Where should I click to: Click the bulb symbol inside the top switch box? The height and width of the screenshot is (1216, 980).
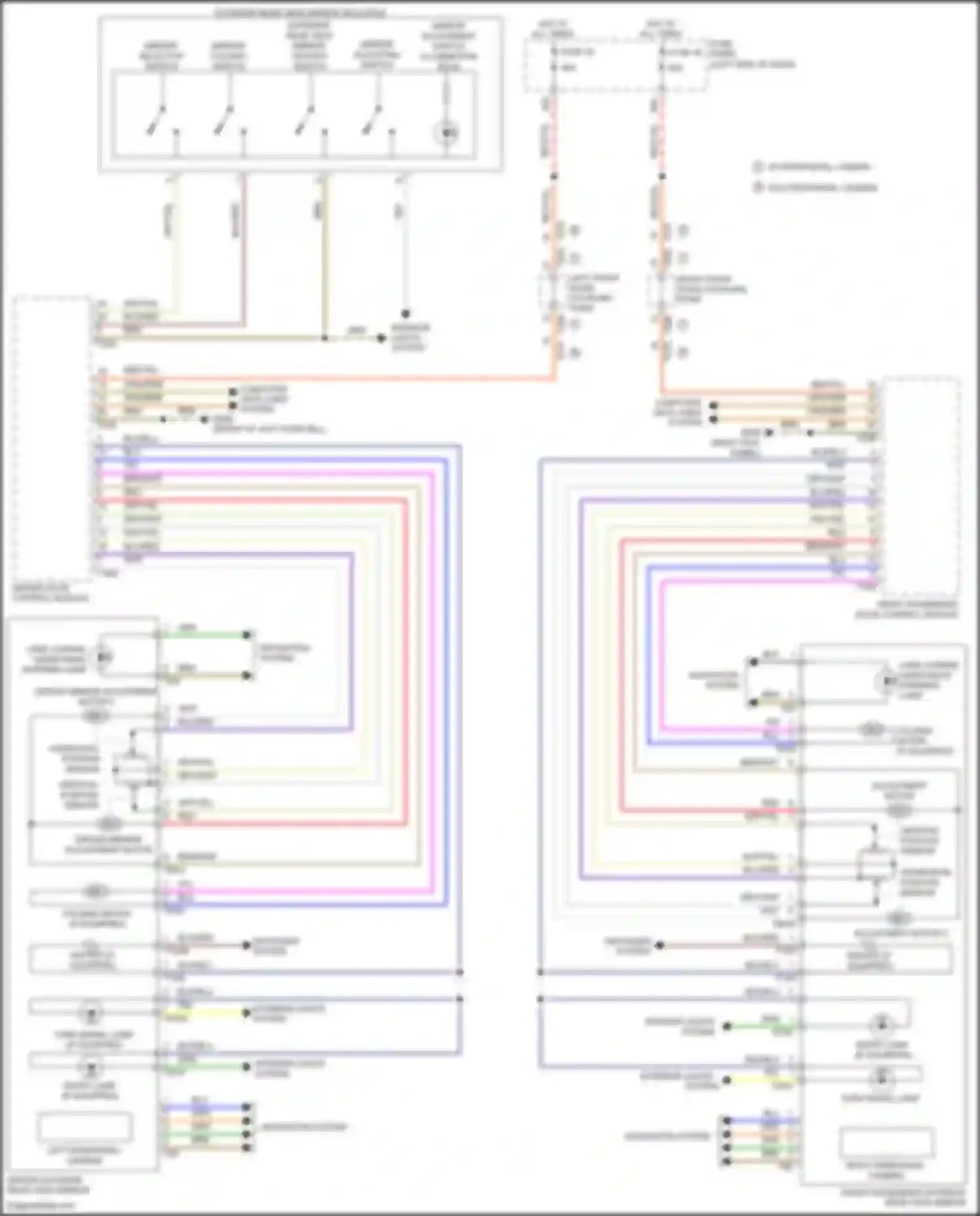[447, 133]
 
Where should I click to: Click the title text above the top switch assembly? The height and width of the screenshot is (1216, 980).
[300, 13]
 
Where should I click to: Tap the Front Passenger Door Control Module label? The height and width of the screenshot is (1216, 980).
[906, 610]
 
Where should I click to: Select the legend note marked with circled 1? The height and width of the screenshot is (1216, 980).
[813, 167]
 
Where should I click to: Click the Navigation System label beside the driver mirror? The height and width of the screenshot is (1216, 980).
[304, 1126]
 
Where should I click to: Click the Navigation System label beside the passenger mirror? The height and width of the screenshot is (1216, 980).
[666, 1136]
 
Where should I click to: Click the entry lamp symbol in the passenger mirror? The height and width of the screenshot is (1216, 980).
[881, 1023]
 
